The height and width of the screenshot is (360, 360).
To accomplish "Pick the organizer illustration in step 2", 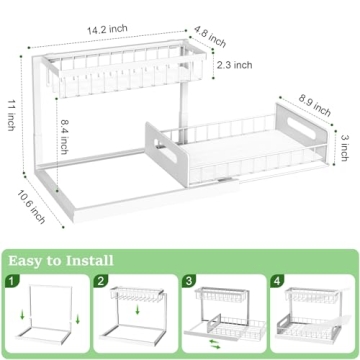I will coord(136,318).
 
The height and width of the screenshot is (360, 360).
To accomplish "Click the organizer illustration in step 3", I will coord(223,318).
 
